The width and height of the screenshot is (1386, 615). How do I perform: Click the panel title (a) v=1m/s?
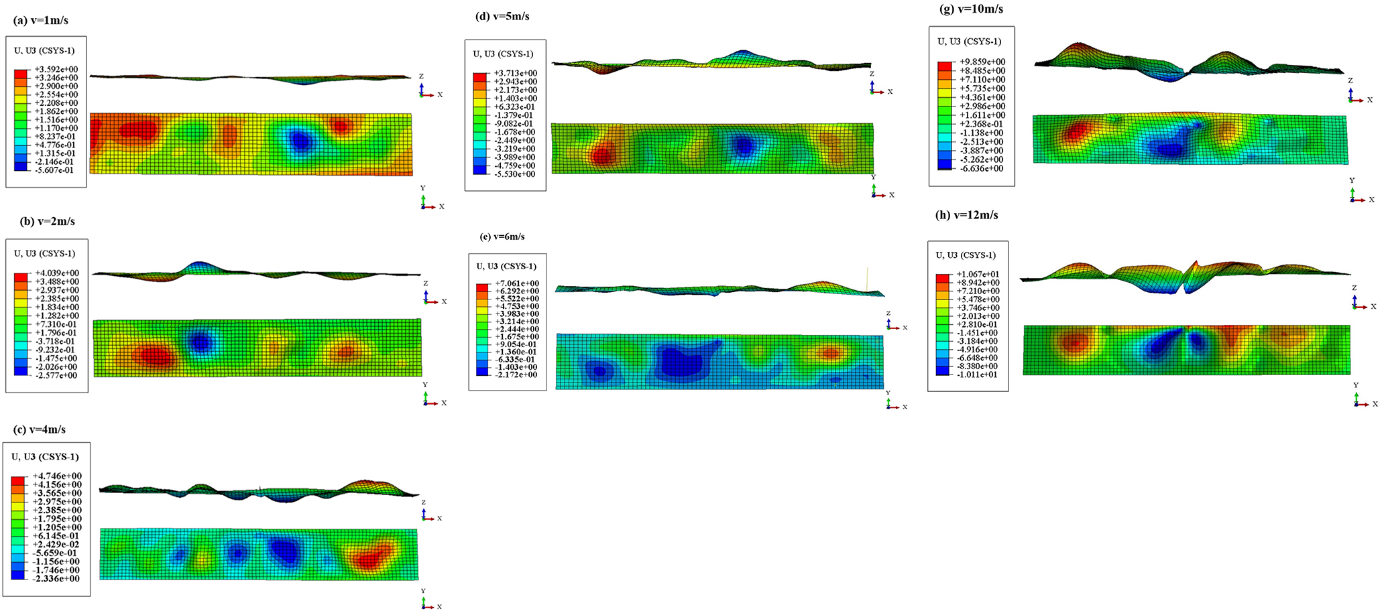pos(41,20)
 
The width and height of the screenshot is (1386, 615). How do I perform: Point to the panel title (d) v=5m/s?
pos(502,16)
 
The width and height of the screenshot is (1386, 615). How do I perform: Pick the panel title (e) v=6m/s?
pos(502,236)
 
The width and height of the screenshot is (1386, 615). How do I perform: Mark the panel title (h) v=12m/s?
pos(967,215)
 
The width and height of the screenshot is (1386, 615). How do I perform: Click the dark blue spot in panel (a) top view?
pos(300,141)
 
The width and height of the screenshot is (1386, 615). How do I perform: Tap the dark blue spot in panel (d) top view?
pos(743,147)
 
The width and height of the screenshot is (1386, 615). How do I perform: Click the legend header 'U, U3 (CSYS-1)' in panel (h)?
pos(966,255)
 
